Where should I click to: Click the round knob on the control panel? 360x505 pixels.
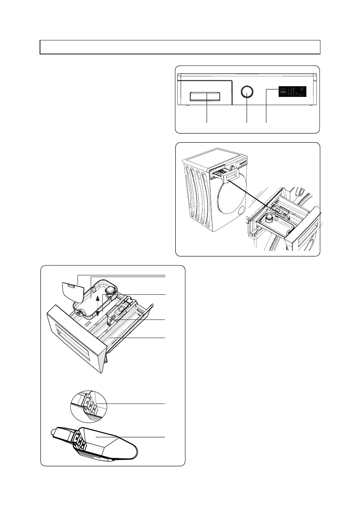tap(246, 92)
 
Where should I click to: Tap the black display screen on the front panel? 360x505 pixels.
tap(292, 92)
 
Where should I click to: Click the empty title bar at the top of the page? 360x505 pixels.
tap(180, 47)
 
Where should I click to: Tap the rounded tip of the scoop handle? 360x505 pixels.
tap(55, 432)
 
